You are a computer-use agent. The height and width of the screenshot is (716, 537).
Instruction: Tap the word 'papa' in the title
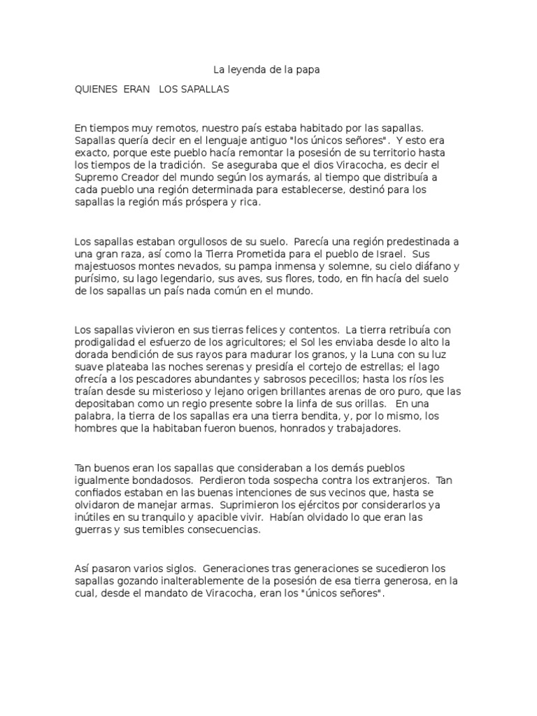click(312, 70)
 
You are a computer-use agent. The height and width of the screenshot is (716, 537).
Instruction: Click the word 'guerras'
click(93, 531)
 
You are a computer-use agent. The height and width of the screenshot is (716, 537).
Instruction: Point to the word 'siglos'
click(178, 568)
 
